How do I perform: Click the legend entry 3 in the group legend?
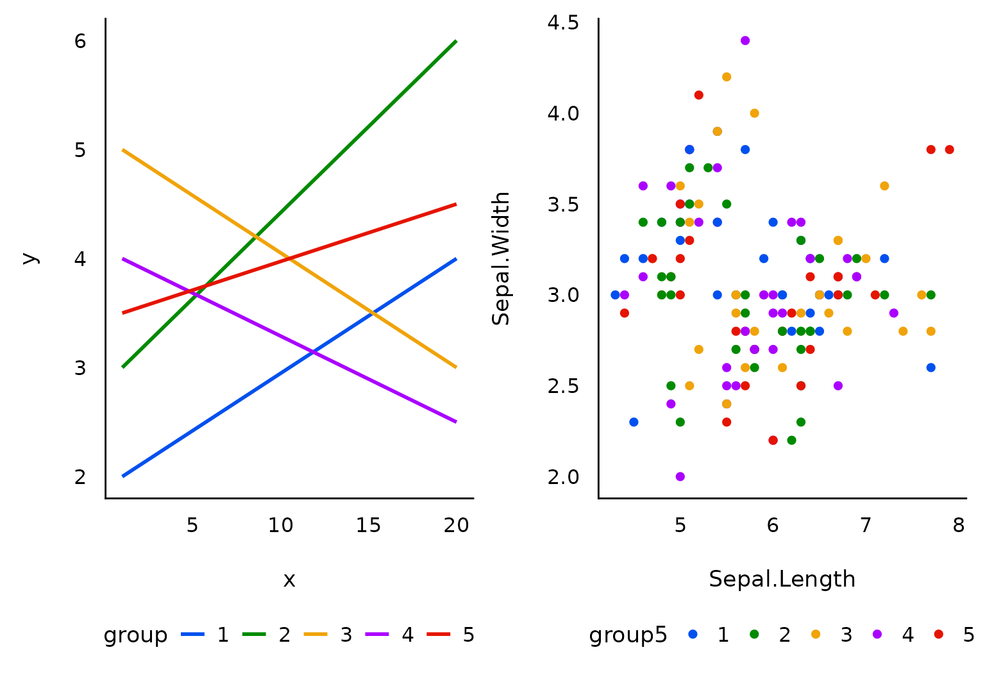click(x=346, y=635)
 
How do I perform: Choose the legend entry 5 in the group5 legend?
click(x=968, y=635)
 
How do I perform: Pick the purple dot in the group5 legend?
click(x=877, y=634)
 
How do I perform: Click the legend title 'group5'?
click(x=628, y=635)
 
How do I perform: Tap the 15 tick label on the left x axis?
click(x=368, y=526)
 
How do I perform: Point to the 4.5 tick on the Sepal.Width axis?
click(x=562, y=23)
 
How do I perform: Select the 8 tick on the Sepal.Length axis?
click(x=958, y=526)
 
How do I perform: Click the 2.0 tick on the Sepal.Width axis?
click(x=562, y=477)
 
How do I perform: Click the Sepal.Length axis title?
click(x=782, y=579)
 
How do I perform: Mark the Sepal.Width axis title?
click(x=501, y=258)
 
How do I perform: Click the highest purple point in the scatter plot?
click(x=745, y=40)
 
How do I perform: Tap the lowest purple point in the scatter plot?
click(x=680, y=476)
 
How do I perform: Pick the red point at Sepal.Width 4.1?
click(x=699, y=95)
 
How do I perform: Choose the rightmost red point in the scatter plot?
click(x=949, y=149)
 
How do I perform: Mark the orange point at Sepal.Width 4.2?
click(x=727, y=77)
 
